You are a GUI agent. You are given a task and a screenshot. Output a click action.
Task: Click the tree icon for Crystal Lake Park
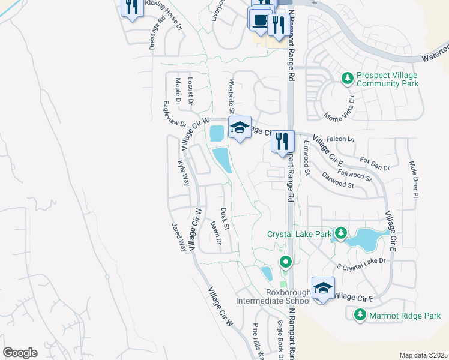(x=340, y=232)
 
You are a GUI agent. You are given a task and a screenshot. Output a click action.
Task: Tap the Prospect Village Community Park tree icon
(x=347, y=77)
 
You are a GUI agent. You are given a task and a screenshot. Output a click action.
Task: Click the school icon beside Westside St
(x=239, y=127)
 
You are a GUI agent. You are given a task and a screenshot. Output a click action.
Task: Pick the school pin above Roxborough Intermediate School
(x=323, y=288)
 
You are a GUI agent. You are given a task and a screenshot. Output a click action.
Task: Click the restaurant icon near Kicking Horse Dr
(x=131, y=7)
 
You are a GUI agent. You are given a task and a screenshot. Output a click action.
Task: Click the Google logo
(x=20, y=353)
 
